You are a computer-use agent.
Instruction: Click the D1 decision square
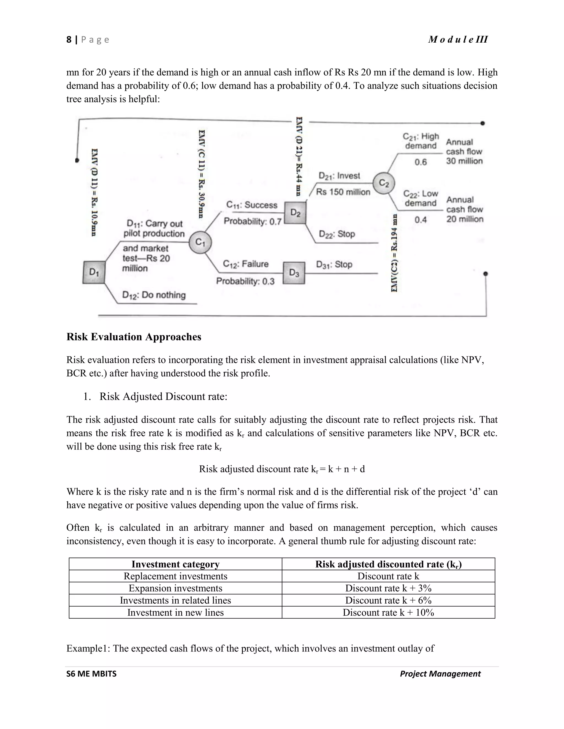point(94,272)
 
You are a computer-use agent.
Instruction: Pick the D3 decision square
point(294,273)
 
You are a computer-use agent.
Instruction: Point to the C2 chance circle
point(384,183)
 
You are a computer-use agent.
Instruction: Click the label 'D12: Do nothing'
point(154,295)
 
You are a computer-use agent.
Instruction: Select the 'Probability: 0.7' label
point(253,221)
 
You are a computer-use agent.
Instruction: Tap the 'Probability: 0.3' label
point(245,281)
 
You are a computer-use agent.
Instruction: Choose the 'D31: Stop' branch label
point(334,264)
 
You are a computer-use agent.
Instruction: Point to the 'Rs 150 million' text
point(343,192)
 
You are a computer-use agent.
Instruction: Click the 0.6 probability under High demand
point(421,162)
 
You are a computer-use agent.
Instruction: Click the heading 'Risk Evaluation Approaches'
point(134,337)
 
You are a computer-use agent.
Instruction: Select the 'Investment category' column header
point(175,564)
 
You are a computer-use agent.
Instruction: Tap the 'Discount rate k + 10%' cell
point(388,613)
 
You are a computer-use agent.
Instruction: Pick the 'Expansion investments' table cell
point(175,588)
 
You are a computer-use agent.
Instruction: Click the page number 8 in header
point(69,40)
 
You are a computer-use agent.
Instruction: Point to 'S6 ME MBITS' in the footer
point(91,674)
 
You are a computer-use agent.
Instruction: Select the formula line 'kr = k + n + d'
point(282,469)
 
